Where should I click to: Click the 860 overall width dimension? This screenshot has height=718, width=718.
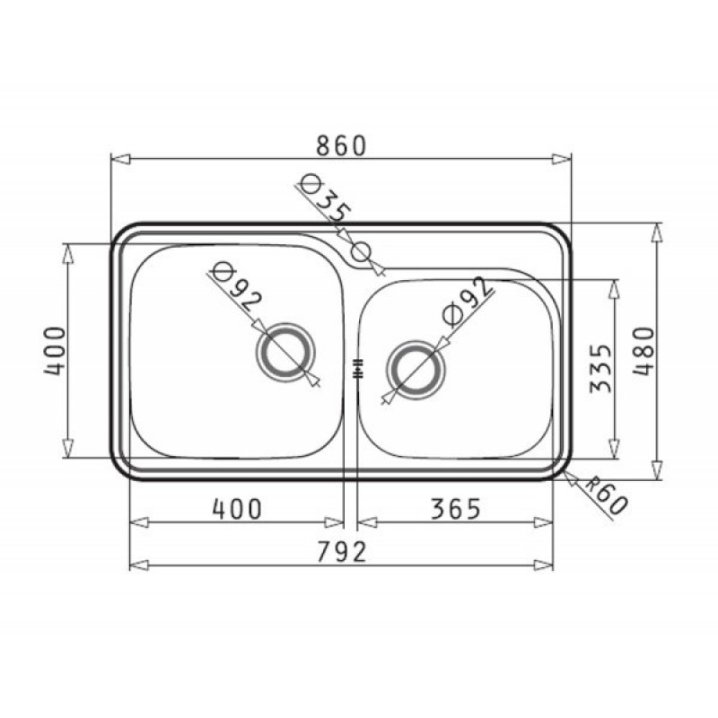(x=342, y=145)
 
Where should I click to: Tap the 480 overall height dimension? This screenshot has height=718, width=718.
(x=644, y=351)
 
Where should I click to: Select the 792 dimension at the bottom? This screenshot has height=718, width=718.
(x=342, y=552)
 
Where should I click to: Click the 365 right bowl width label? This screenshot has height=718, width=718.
(x=456, y=509)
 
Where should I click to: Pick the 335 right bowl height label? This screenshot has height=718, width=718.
(x=600, y=369)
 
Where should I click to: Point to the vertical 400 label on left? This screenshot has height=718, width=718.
(x=55, y=351)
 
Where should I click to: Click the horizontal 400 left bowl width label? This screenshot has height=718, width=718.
(x=237, y=509)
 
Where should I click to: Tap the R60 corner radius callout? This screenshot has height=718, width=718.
(x=608, y=495)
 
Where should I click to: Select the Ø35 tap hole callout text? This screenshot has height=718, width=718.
(x=326, y=197)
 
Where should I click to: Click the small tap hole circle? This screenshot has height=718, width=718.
(x=361, y=251)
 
